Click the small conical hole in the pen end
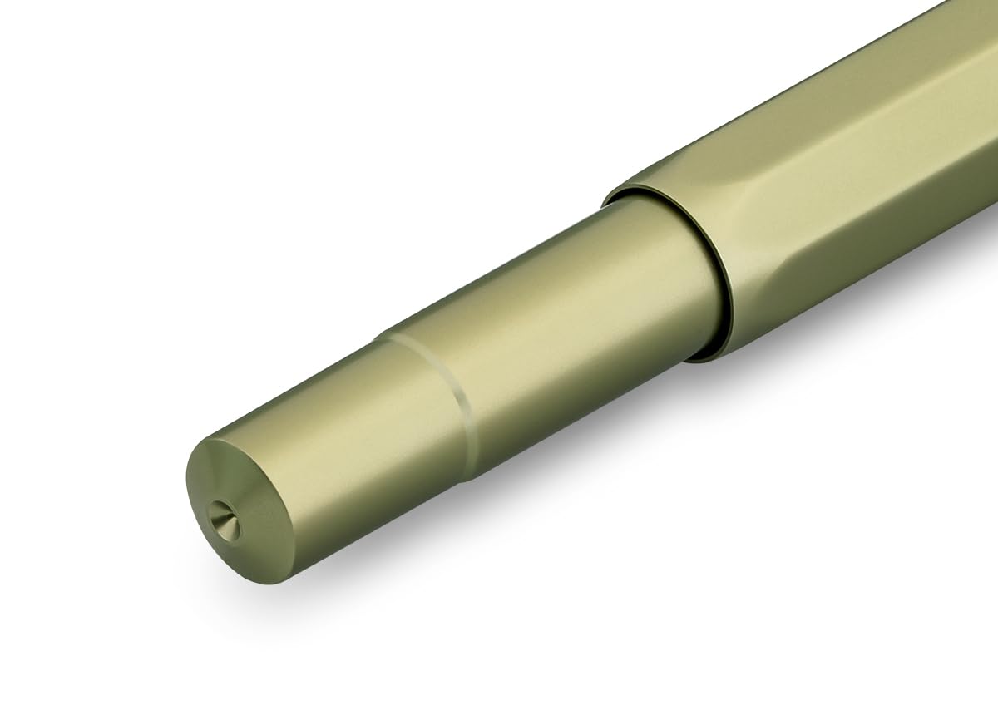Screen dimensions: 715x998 click(223, 520)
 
